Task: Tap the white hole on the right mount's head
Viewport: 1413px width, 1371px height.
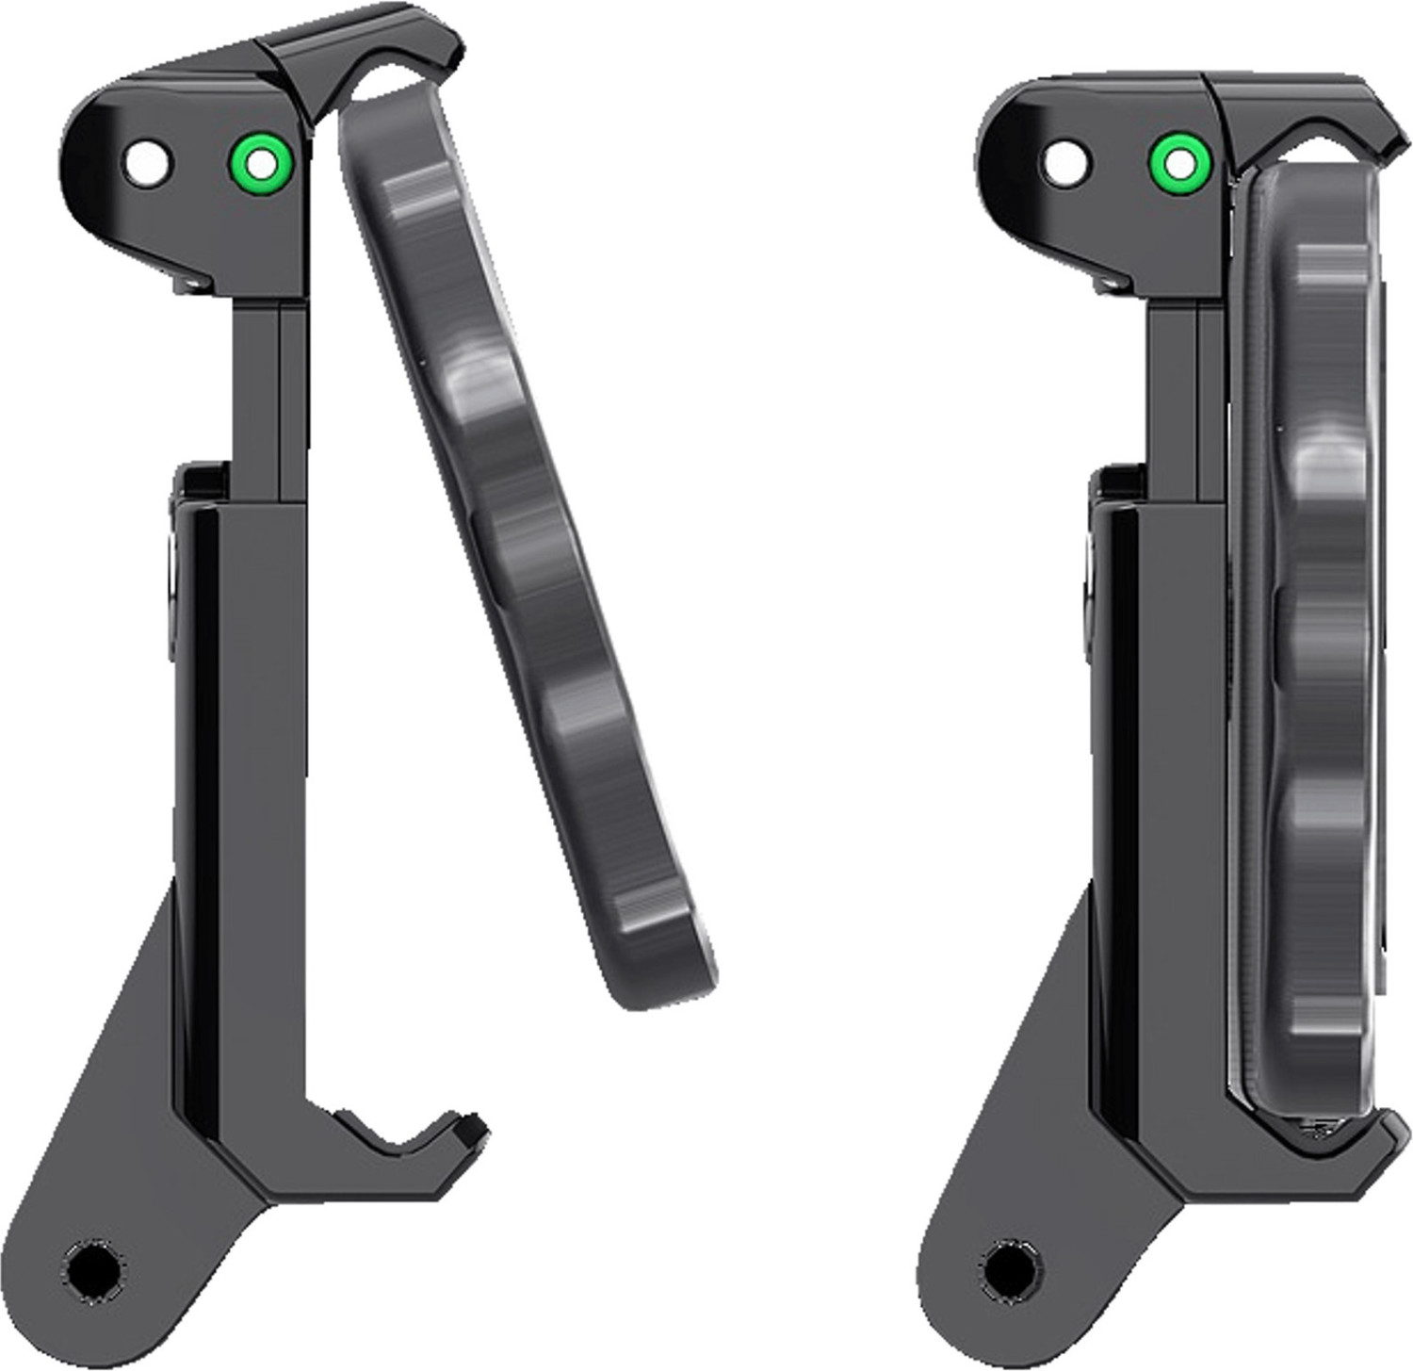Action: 1064,163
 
